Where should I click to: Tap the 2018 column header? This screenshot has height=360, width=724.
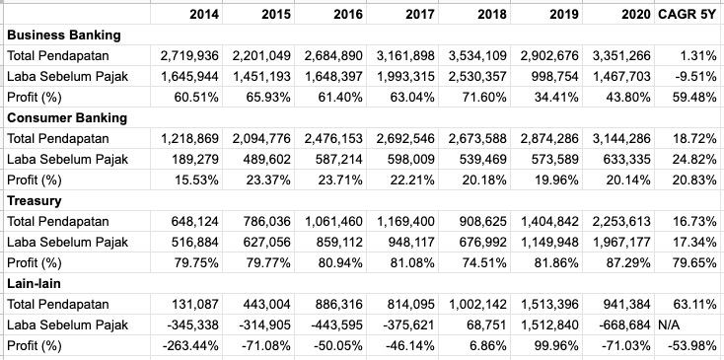492,14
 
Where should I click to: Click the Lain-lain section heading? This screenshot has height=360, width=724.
35,283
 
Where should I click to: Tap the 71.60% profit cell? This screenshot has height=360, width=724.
485,97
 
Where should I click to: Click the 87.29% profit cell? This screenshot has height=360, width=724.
628,262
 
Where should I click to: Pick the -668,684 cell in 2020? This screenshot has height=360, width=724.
626,324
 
